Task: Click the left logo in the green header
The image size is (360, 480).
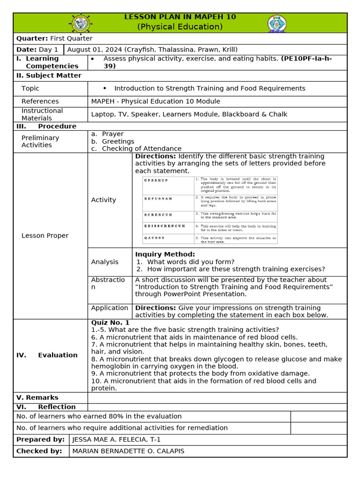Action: pos(81,23)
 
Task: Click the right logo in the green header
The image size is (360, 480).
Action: pos(277,23)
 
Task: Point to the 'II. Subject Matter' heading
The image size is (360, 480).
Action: pos(49,75)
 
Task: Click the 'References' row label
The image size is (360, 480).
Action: pos(40,101)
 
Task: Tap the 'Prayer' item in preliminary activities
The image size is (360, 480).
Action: pos(112,134)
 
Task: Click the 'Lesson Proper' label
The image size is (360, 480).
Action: pos(45,236)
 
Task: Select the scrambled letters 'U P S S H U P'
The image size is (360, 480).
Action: pos(156,180)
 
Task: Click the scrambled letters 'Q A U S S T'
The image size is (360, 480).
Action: pos(154,238)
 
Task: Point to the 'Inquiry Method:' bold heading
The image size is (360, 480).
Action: pos(165,255)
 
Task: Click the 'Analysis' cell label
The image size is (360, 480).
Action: pos(105,262)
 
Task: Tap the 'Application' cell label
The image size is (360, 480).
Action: pos(110,308)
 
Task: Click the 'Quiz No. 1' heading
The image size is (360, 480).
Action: pos(110,322)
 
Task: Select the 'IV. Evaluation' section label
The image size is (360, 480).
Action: pos(47,355)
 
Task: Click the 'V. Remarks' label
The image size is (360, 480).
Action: pos(37,397)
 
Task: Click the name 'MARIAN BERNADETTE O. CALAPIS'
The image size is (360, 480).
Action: pos(128,451)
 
